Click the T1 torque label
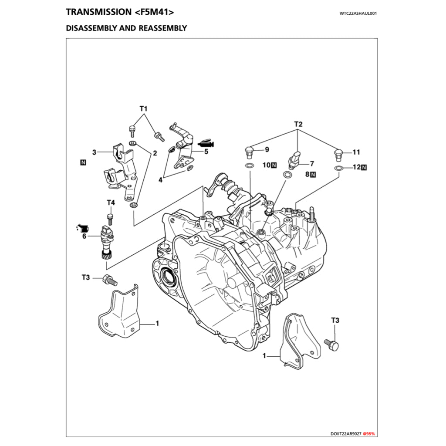144,108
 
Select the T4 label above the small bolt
111,203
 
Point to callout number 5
206,152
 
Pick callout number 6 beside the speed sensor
84,236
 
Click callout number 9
267,150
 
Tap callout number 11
356,152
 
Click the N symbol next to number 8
313,175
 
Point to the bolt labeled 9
249,152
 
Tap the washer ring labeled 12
338,168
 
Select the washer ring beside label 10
249,166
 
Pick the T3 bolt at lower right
332,345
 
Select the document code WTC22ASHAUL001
358,13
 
